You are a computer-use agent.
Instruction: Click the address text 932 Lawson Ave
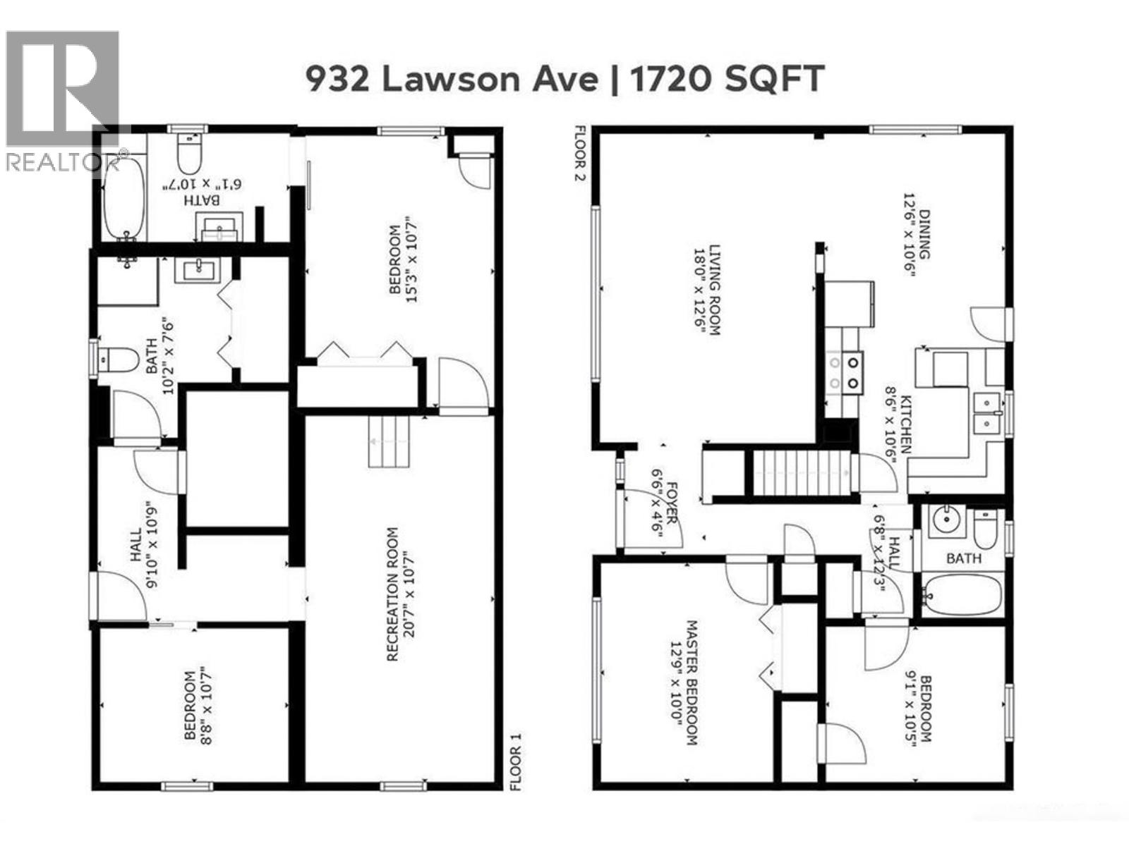[452, 78]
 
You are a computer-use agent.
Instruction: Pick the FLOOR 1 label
[517, 762]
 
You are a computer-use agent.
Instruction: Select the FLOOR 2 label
[580, 153]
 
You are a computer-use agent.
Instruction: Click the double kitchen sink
[986, 413]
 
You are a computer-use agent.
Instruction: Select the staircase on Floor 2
[799, 473]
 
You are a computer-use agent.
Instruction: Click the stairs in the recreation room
[389, 441]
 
